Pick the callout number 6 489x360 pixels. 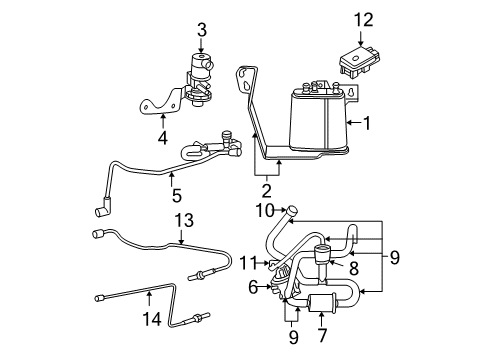coord(252,286)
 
